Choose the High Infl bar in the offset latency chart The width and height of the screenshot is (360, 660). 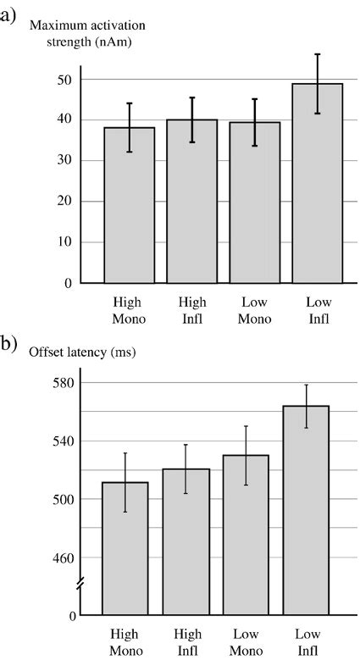click(x=186, y=541)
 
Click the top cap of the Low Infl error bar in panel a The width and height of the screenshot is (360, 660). click(x=318, y=54)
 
